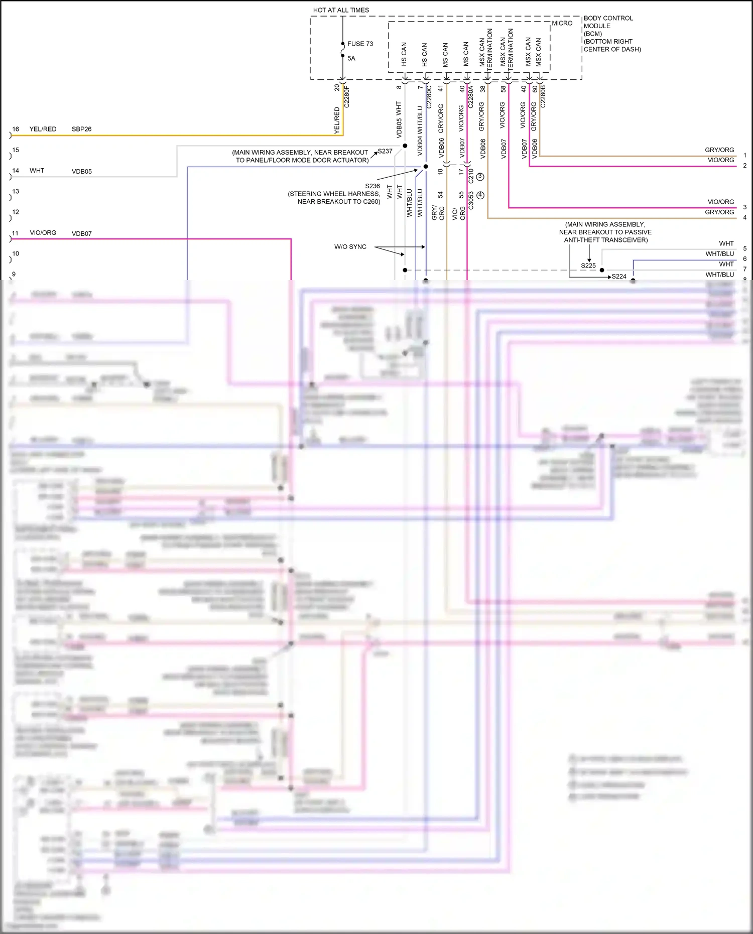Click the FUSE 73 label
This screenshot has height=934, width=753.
point(360,44)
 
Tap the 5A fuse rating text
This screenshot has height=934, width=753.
point(351,58)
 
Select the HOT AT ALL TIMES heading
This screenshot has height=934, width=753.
point(341,10)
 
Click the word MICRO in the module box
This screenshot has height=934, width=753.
point(562,23)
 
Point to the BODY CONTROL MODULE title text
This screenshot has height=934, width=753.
point(608,22)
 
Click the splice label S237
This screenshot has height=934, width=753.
point(385,151)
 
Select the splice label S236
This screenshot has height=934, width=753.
point(372,186)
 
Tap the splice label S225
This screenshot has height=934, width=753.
point(588,265)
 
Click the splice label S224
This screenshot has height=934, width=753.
point(619,277)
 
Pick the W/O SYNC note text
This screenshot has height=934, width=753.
point(350,246)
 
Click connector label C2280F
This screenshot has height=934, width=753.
point(347,96)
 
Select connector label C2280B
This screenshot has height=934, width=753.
point(543,96)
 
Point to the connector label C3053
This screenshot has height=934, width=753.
point(471,200)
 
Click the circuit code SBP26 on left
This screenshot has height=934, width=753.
point(81,129)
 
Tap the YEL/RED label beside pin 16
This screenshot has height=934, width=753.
point(43,129)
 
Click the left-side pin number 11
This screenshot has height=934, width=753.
point(15,233)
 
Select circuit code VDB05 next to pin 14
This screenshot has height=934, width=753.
point(81,171)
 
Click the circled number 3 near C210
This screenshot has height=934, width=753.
point(480,177)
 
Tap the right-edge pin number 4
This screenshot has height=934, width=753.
point(744,217)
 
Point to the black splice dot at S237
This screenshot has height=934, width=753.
point(405,146)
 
